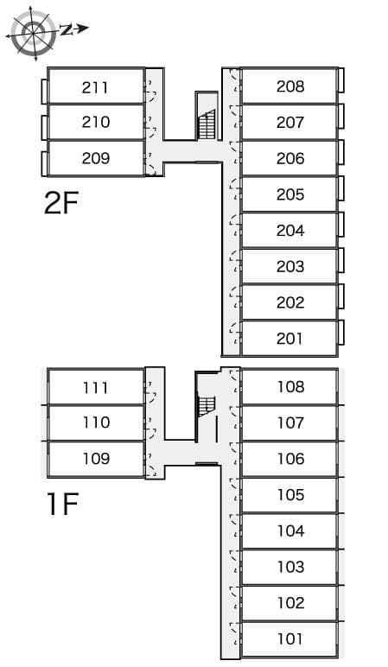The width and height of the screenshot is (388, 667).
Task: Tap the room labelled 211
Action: click(x=95, y=86)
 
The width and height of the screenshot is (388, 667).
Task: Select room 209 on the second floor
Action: click(x=95, y=158)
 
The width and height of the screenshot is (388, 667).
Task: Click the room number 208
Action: click(x=290, y=86)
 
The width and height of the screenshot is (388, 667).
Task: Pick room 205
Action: click(x=290, y=194)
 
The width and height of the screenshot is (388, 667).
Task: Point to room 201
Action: click(x=290, y=339)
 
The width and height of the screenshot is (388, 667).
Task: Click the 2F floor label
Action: click(x=61, y=203)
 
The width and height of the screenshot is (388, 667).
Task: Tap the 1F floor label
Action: click(x=61, y=503)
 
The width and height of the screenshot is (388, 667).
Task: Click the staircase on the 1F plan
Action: click(x=206, y=405)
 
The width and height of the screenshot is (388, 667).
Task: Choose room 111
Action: click(x=95, y=387)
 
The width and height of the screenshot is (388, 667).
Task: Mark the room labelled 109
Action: click(x=95, y=459)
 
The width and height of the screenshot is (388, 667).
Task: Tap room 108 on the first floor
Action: click(x=290, y=386)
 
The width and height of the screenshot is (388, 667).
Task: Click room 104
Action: click(x=290, y=530)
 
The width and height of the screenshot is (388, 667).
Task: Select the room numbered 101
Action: click(x=290, y=639)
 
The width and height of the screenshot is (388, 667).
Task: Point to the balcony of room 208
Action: click(x=341, y=80)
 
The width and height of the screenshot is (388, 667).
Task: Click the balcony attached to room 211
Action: click(x=44, y=91)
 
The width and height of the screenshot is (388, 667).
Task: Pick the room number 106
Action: click(x=290, y=459)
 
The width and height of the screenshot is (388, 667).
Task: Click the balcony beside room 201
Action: click(x=341, y=333)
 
